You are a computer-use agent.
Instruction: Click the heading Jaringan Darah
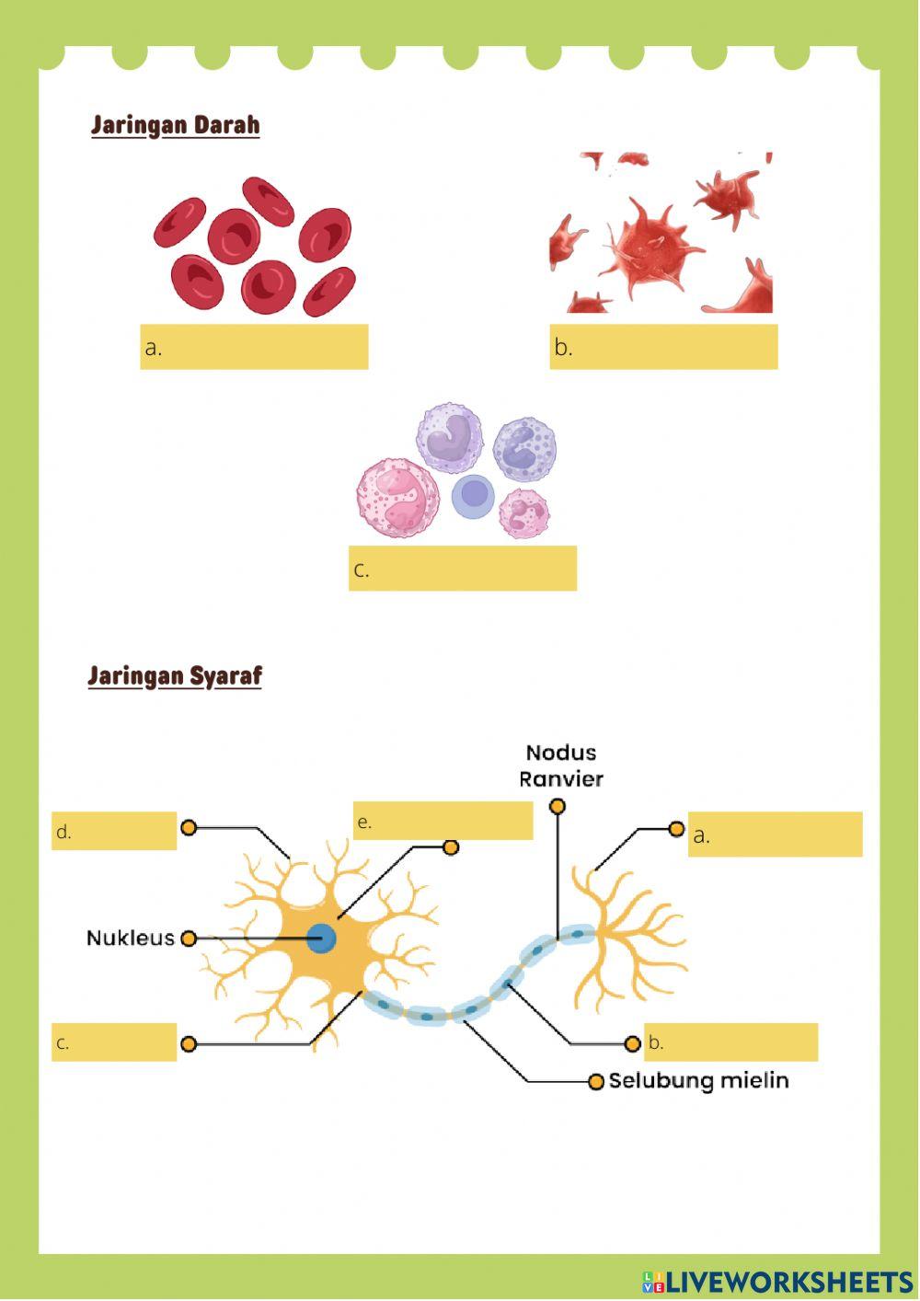(175, 125)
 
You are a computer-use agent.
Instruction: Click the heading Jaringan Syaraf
(175, 676)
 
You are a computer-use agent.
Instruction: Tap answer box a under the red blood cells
(254, 347)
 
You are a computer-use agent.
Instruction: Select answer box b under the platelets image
(663, 347)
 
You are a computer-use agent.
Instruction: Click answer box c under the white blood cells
(462, 568)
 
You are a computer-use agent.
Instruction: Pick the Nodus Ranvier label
(560, 766)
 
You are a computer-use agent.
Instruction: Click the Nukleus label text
(130, 938)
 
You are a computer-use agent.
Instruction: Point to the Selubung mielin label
(698, 1080)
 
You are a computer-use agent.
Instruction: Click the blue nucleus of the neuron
(321, 938)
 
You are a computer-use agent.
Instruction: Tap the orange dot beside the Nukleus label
(189, 938)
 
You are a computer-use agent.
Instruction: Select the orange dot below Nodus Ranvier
(557, 807)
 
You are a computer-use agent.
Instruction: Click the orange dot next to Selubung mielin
(596, 1081)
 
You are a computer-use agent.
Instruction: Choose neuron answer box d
(114, 831)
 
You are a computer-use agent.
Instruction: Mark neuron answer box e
(443, 821)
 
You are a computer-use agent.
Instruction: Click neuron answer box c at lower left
(114, 1042)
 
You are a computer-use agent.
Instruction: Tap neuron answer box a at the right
(775, 835)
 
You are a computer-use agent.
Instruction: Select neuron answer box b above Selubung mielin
(730, 1042)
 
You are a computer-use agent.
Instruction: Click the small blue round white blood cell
(474, 495)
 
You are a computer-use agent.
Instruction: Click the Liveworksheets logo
(777, 1282)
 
